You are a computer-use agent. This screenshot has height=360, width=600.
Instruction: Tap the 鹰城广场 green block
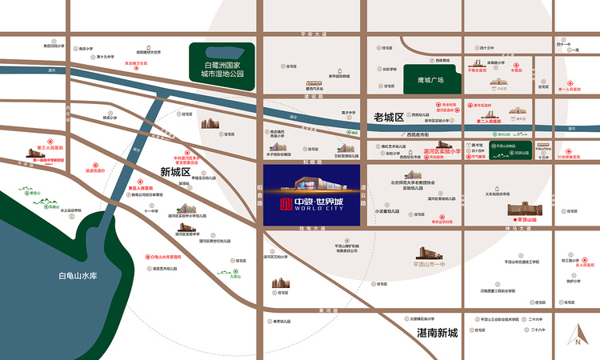tap(430, 80)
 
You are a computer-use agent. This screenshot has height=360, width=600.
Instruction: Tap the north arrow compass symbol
tap(575, 335)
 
